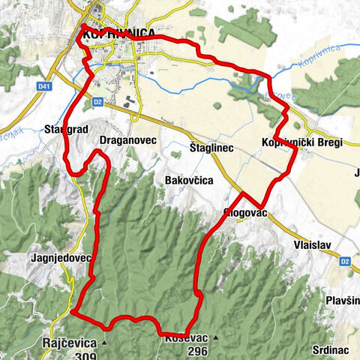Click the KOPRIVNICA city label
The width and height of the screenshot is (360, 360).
[x=120, y=34]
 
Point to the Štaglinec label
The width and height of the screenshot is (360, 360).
[x=211, y=148]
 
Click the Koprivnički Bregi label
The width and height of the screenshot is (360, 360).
[x=292, y=142]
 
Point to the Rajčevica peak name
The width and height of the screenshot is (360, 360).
[x=70, y=341]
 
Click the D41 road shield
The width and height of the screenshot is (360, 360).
[x=44, y=87]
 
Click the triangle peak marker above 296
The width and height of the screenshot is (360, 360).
[x=214, y=338]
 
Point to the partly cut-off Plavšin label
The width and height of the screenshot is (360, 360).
[x=343, y=300]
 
